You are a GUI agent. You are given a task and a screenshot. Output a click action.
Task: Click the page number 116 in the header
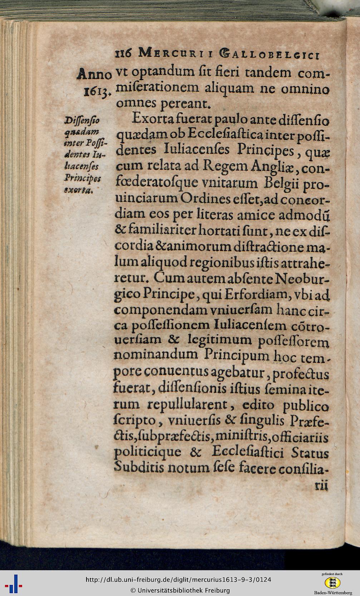click(x=124, y=54)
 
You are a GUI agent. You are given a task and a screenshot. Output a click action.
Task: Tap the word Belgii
click(x=281, y=183)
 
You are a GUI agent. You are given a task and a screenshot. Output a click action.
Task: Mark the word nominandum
click(x=156, y=355)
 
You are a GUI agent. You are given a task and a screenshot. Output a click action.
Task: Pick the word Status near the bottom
click(x=310, y=453)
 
